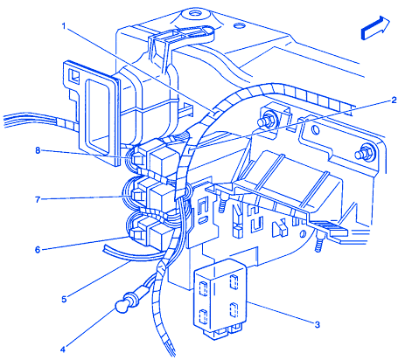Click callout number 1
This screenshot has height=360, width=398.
point(64,26)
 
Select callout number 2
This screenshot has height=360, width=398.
point(394,100)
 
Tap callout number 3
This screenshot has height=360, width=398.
point(318,324)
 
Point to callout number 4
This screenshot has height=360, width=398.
point(63,350)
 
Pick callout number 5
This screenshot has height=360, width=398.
point(64,299)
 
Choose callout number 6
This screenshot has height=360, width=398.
point(38,250)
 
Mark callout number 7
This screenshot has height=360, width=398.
point(38,200)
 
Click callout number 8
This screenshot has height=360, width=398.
point(38,150)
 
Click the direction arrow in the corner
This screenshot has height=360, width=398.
point(375,28)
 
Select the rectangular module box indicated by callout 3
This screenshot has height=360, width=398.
point(220,299)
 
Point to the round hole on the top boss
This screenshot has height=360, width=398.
point(194,13)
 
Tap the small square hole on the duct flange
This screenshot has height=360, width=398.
point(73,75)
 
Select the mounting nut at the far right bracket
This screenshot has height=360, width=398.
point(363,152)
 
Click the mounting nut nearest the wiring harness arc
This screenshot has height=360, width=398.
point(269,119)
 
